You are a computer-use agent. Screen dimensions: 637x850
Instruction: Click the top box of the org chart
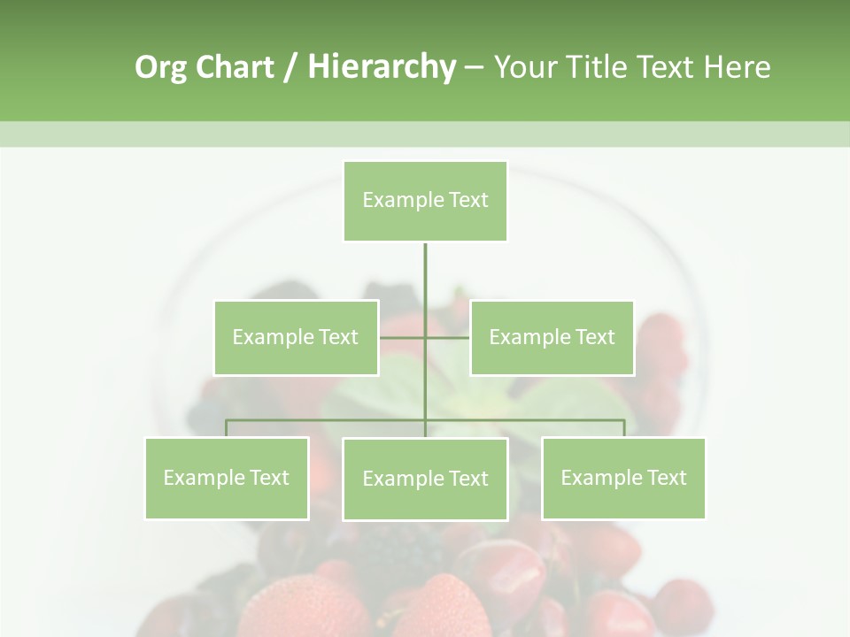click(425, 201)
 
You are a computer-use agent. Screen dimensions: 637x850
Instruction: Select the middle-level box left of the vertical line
click(296, 337)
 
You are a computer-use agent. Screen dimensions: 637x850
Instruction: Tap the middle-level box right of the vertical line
click(552, 337)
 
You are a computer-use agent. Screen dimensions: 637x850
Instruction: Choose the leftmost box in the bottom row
click(227, 478)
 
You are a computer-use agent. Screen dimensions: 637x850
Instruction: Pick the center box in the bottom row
click(425, 479)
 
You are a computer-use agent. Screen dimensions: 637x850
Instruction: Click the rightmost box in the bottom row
click(623, 478)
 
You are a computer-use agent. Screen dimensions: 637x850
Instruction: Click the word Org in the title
click(160, 68)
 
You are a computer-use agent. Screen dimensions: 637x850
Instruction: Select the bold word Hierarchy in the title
click(381, 68)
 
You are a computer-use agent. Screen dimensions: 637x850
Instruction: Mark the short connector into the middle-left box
click(401, 337)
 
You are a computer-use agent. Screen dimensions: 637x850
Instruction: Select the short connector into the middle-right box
click(448, 337)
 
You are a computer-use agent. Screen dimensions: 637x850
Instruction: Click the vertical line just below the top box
click(425, 265)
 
